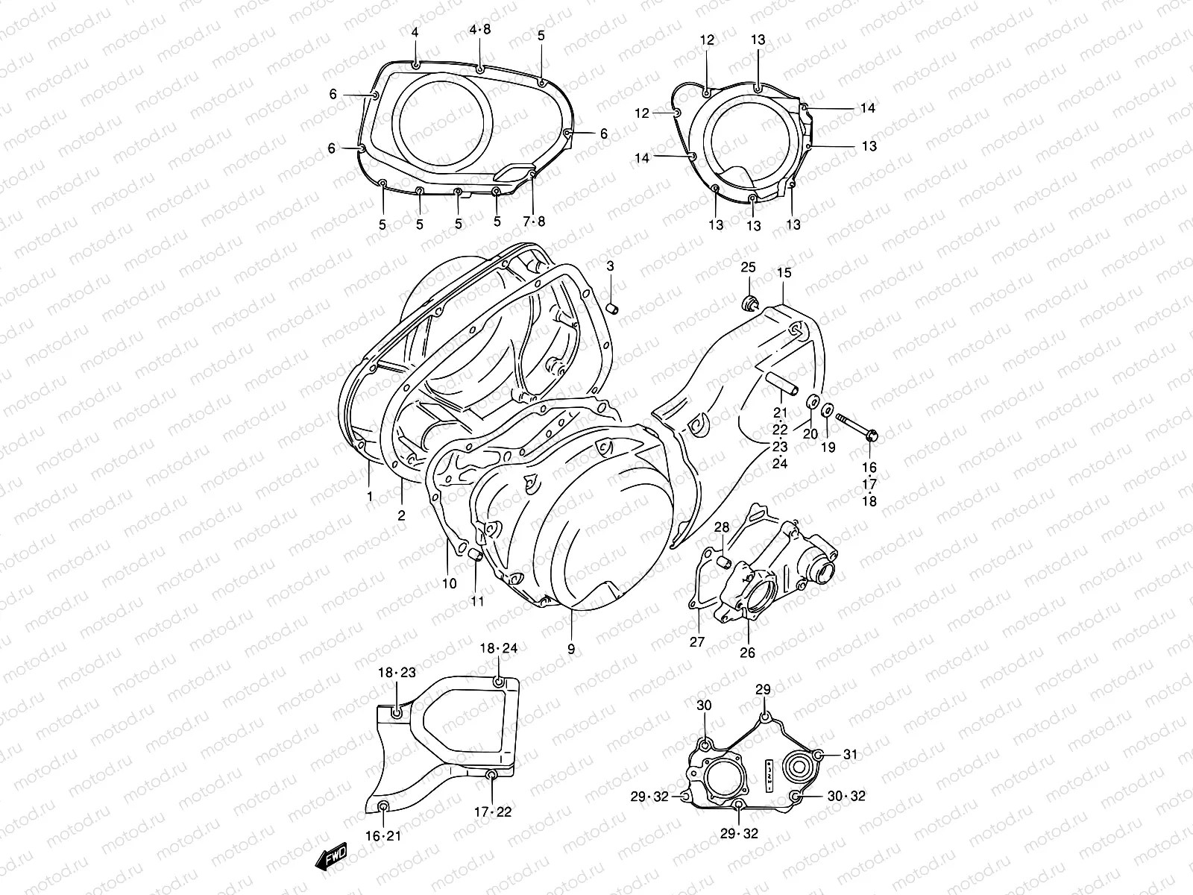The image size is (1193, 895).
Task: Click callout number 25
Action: [748, 267]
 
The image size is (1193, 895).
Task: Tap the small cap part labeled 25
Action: [749, 303]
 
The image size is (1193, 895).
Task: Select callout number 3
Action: [610, 266]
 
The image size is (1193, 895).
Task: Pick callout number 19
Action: [828, 447]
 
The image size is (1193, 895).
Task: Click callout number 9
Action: [571, 650]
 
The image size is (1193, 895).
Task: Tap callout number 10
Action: [449, 584]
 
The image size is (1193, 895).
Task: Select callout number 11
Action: [477, 601]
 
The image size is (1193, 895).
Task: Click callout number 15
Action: [784, 273]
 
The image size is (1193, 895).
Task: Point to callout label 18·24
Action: [498, 649]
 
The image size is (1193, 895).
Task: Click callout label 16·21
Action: [383, 836]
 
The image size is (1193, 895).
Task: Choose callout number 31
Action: [851, 755]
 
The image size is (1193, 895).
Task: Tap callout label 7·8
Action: [534, 222]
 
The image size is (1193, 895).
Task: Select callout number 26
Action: [747, 653]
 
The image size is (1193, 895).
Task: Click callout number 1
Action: [369, 495]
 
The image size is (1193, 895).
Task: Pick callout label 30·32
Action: [846, 797]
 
